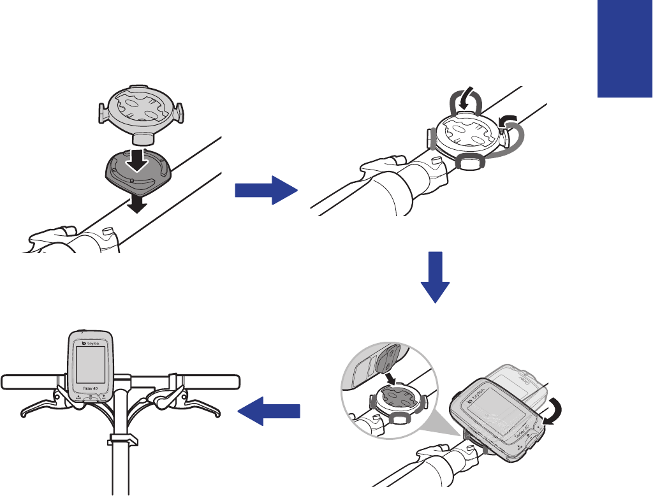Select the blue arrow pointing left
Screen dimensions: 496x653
click(268, 412)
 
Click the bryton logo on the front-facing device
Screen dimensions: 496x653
click(94, 342)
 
